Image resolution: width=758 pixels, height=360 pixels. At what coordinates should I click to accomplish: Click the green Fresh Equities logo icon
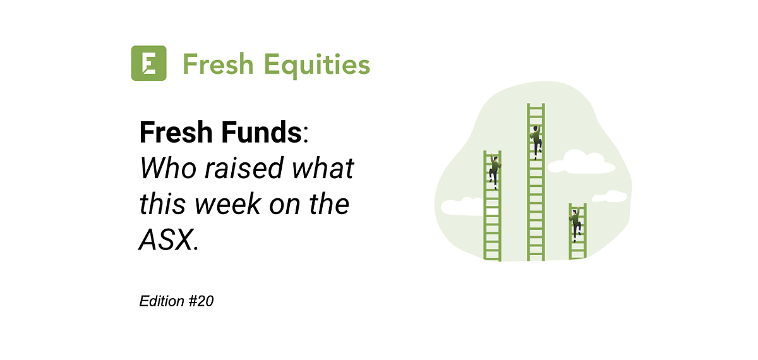[x=148, y=63]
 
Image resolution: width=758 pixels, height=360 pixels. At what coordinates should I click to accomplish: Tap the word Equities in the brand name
[x=316, y=64]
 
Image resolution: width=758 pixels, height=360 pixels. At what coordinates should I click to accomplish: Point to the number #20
[x=201, y=302]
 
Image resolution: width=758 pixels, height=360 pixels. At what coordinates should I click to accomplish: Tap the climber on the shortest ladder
[x=575, y=224]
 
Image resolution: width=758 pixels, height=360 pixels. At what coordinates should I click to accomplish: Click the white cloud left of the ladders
[x=461, y=206]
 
